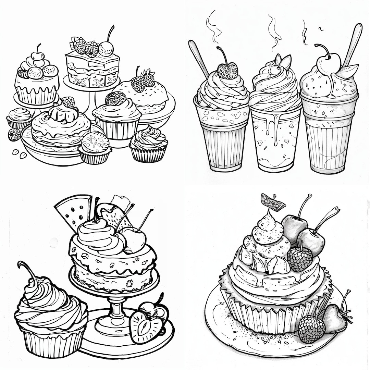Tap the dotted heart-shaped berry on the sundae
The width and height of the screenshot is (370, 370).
click(227, 71)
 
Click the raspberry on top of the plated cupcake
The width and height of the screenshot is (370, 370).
click(299, 259)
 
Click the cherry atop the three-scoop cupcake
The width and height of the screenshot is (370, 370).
click(38, 55)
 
